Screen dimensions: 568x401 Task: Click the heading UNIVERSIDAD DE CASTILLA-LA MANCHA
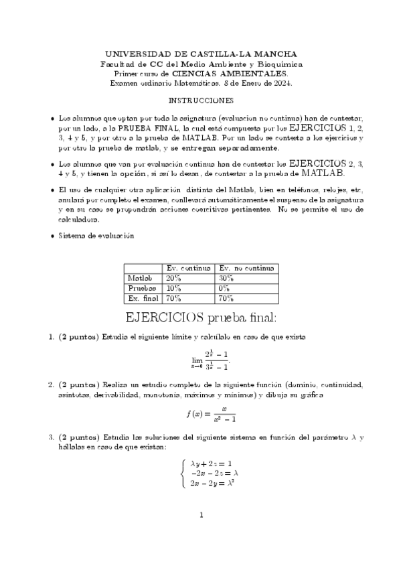tap(200, 54)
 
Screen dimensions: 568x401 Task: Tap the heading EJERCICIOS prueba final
tap(201, 315)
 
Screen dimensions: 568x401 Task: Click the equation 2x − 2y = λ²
tap(212, 482)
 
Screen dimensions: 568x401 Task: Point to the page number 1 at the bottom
tap(201, 533)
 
